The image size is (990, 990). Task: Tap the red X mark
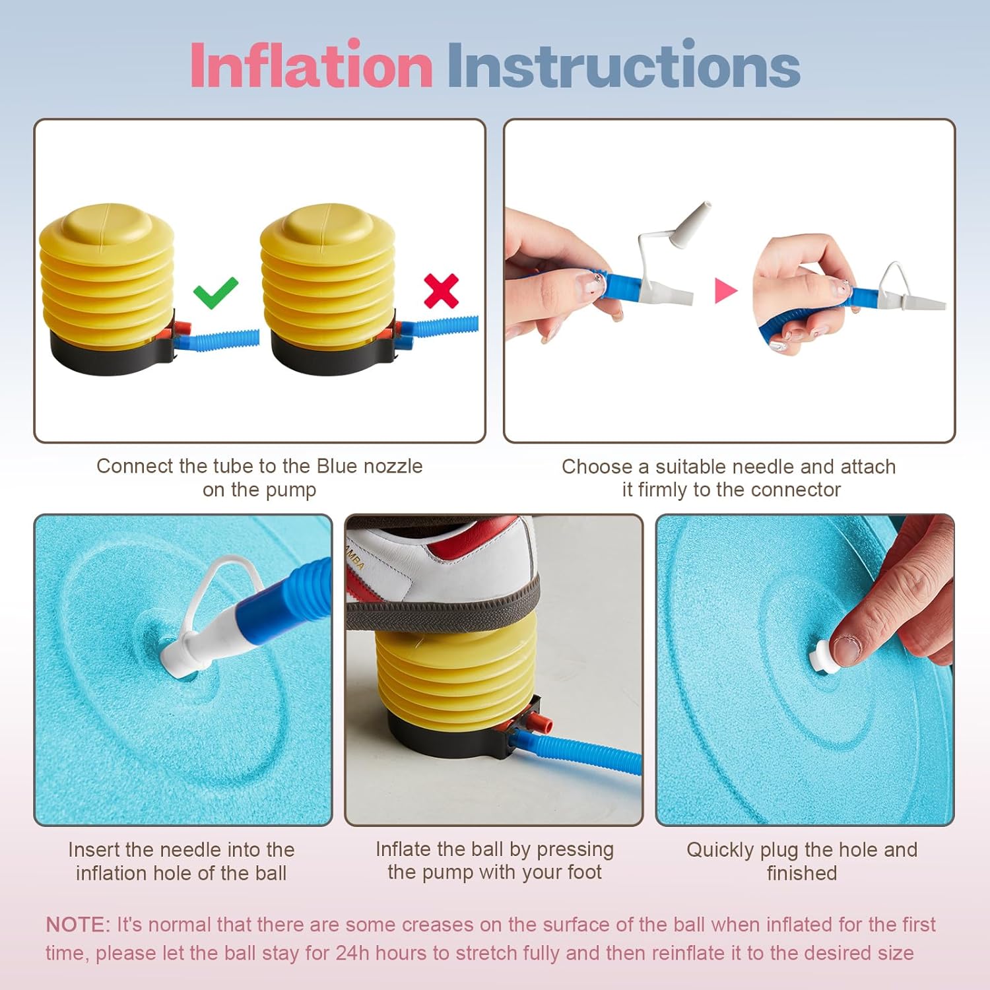click(x=441, y=291)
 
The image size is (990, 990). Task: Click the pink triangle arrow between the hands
click(x=725, y=290)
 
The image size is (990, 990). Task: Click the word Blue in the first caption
click(x=337, y=466)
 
